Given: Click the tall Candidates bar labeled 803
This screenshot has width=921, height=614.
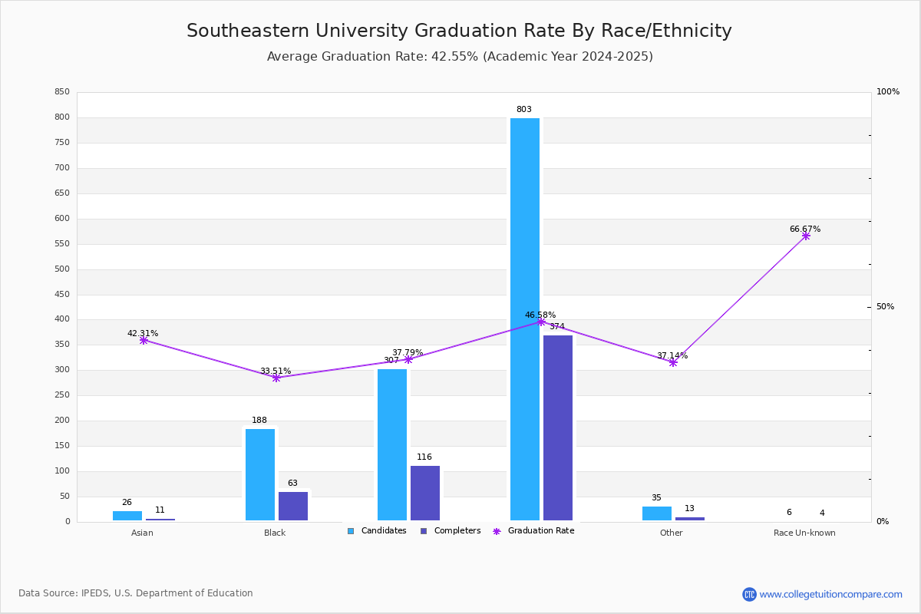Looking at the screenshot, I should tap(525, 319).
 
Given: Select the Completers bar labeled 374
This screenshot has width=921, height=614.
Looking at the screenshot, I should tap(558, 427).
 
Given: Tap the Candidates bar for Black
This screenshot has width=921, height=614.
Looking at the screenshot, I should tap(260, 474).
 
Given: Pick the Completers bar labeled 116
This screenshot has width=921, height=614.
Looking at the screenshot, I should tap(425, 493).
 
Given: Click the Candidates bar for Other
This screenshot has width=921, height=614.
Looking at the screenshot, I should tap(657, 513).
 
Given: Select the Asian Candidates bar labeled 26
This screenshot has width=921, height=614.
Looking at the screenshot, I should tap(127, 516).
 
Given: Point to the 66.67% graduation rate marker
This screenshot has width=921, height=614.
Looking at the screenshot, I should tap(806, 236).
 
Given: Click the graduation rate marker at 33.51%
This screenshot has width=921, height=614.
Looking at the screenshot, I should tap(276, 378).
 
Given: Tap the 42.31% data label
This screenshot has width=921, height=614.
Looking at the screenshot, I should tap(143, 334).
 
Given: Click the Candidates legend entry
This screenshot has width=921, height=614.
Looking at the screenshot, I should tap(377, 531).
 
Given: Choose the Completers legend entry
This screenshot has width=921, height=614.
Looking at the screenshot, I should tap(451, 531).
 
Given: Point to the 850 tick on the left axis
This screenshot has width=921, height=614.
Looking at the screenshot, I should tap(62, 92).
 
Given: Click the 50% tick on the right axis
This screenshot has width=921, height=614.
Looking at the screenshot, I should tap(885, 307).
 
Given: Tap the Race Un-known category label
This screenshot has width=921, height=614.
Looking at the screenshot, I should tap(804, 533).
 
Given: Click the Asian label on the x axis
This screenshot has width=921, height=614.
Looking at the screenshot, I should tap(142, 533).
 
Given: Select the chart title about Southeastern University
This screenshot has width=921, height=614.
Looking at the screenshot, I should tap(459, 31).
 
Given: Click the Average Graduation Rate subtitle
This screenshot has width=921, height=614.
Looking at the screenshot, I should tap(459, 57).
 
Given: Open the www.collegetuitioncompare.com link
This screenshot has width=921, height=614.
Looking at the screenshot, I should tap(830, 594).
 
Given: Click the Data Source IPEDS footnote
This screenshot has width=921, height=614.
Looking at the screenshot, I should tap(136, 593).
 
